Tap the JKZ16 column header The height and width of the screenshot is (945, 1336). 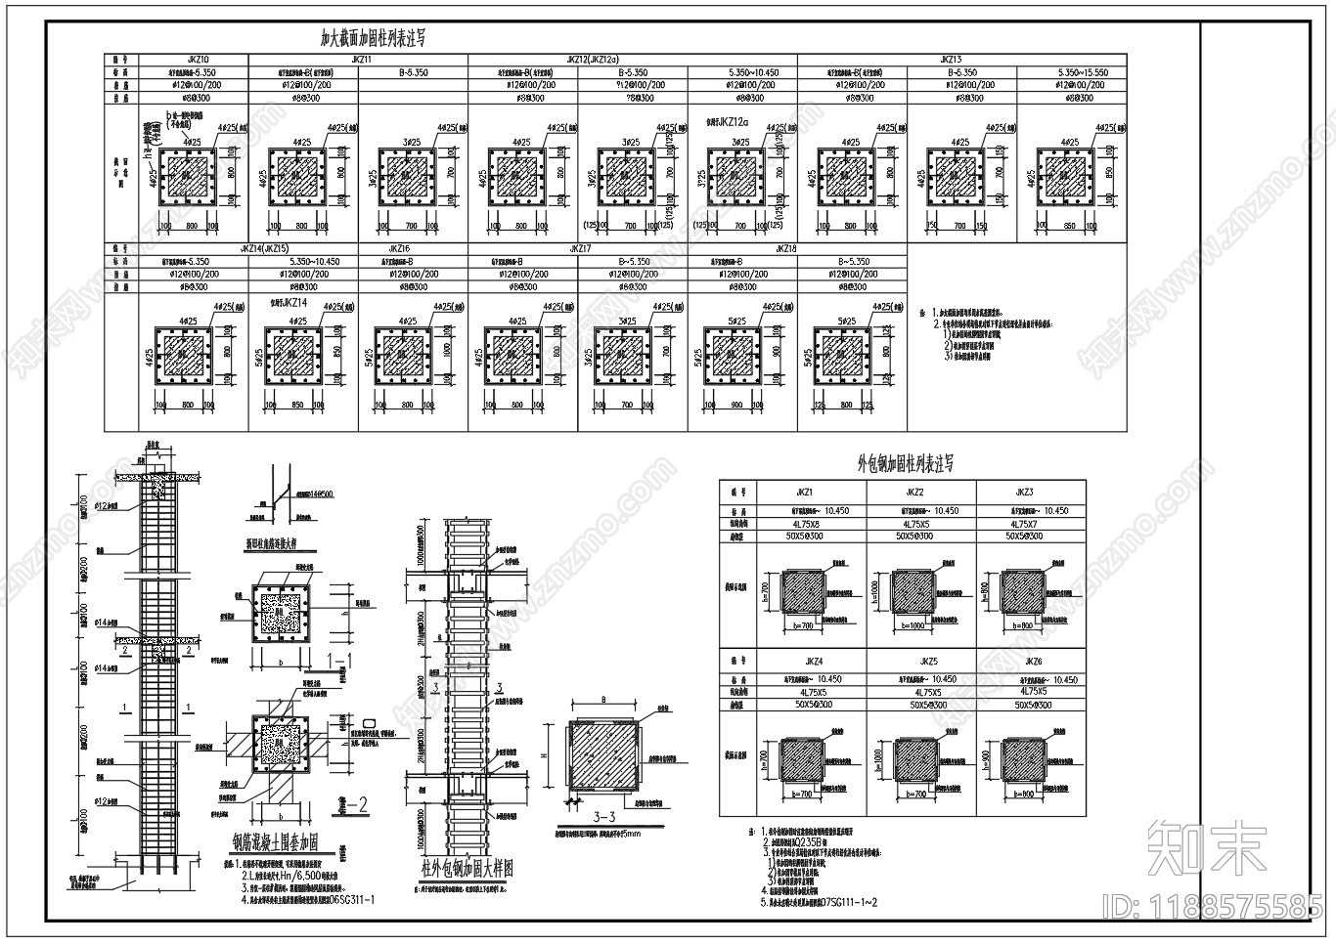pos(400,249)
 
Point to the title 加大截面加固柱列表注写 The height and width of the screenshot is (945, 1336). pos(373,39)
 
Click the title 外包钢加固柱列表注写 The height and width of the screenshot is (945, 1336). pos(905,464)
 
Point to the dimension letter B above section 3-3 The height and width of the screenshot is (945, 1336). pos(603,699)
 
